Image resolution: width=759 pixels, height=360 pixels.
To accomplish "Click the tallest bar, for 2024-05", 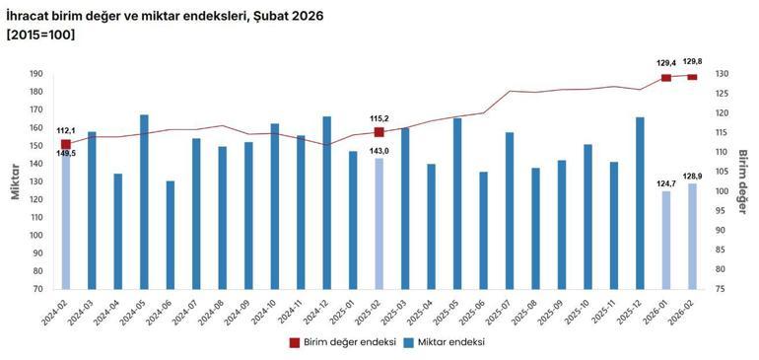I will point(144,202).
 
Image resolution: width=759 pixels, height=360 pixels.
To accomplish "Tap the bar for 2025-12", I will point(640,203).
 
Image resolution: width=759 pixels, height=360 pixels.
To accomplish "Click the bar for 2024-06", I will point(170,235).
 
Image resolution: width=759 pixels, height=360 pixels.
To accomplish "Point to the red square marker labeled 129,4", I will point(665,78).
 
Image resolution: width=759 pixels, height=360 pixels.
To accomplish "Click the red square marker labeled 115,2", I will point(379,132).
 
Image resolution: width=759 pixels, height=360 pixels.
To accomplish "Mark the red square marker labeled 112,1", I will point(66,144).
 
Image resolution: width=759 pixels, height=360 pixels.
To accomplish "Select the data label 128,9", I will point(692,176).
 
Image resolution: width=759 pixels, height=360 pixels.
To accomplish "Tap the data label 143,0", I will point(379,150).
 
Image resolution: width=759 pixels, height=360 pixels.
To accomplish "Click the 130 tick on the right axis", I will point(721,74).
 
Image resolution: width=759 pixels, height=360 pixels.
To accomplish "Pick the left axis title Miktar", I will point(16,181).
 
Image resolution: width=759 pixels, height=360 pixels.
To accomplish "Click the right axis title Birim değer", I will point(744,181).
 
